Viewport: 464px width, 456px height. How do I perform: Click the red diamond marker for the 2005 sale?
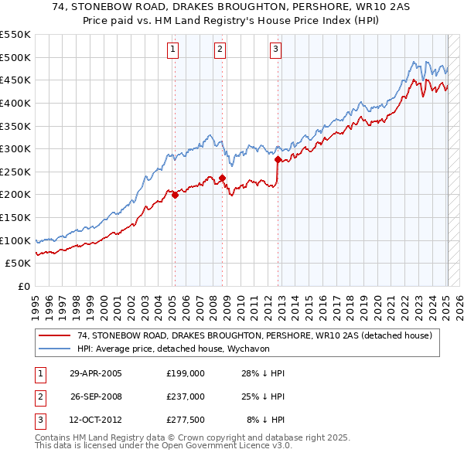coord(176,195)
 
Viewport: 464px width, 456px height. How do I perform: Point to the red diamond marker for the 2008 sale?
coord(223,178)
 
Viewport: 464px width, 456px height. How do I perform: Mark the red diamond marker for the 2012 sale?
coord(278,160)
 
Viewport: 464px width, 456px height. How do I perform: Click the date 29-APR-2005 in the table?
coord(95,373)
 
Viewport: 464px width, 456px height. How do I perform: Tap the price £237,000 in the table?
coord(186,396)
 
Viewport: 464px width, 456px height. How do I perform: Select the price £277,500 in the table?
coord(186,420)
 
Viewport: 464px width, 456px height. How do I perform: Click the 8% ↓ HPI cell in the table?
coord(265,420)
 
